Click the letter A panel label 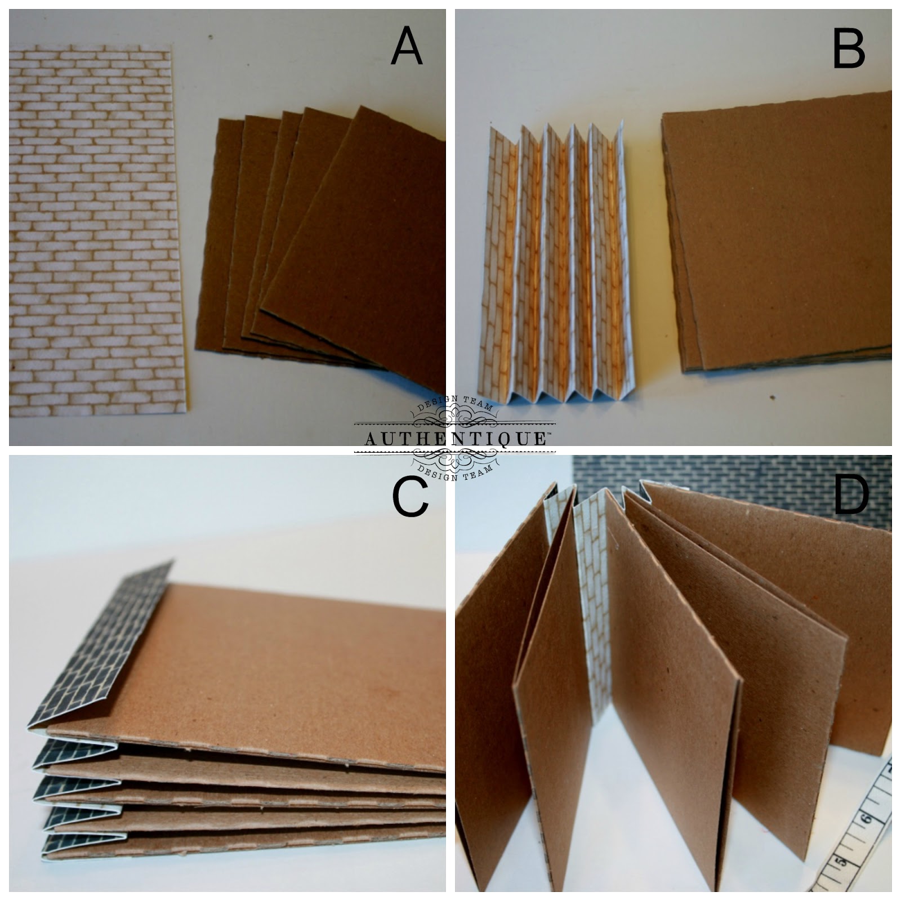pyautogui.click(x=407, y=47)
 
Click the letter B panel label pyautogui.click(x=849, y=48)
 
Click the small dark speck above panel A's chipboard pyautogui.click(x=211, y=38)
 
